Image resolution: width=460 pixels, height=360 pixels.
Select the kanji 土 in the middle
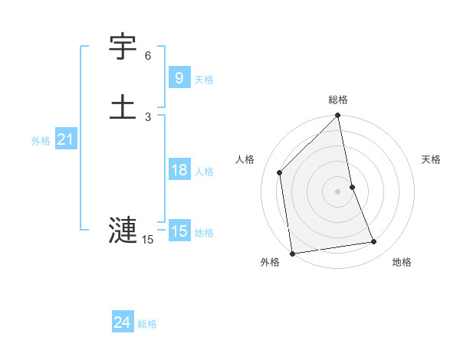click(x=123, y=106)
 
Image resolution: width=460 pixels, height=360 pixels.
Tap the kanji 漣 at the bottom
click(x=123, y=231)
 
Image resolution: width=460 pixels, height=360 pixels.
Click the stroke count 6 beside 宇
click(x=148, y=56)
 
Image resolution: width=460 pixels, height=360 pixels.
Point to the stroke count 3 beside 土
click(x=148, y=116)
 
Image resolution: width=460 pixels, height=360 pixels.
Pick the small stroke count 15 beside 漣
click(x=148, y=240)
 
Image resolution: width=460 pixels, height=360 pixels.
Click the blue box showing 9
click(x=179, y=77)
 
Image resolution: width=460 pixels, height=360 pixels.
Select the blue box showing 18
click(x=179, y=170)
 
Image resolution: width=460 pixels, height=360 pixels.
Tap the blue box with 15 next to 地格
click(x=179, y=231)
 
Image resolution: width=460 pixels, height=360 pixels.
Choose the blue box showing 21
click(x=65, y=139)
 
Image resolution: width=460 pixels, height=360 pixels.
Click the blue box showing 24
click(x=123, y=322)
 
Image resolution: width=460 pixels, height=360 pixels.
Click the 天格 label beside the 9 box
click(x=204, y=79)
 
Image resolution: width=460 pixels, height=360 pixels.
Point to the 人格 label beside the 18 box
click(x=204, y=172)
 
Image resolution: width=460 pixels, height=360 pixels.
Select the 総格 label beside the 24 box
click(x=147, y=324)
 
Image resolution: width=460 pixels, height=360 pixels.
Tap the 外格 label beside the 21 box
click(x=41, y=141)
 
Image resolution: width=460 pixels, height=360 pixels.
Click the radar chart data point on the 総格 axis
click(x=337, y=116)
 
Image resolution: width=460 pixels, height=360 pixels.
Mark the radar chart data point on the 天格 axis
click(x=352, y=187)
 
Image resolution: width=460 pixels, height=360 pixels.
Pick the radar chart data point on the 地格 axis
click(x=374, y=242)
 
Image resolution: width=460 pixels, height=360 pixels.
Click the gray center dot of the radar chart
click(x=337, y=191)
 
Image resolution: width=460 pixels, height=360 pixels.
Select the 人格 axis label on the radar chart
click(x=245, y=159)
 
